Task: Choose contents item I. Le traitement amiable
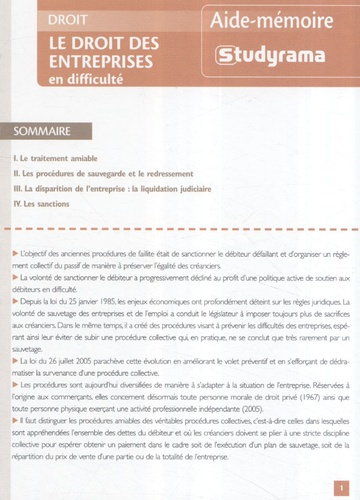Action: click(x=61, y=159)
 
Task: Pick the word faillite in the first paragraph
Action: click(x=174, y=262)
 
